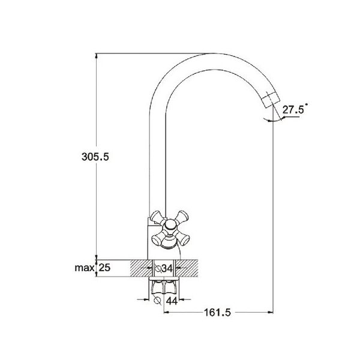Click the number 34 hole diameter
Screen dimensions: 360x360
[x=168, y=268]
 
